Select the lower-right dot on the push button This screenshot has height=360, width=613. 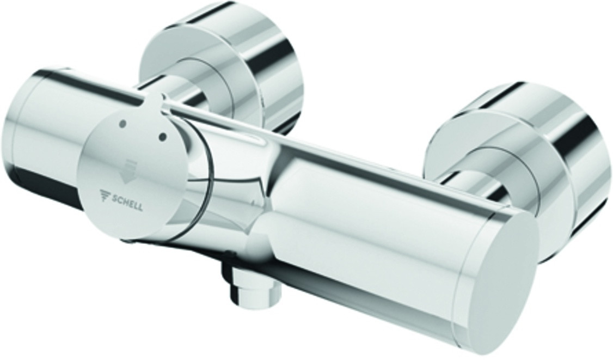point(163,137)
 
